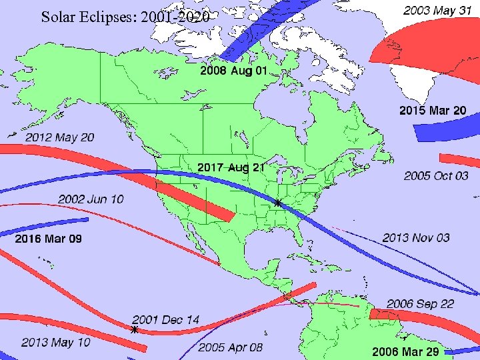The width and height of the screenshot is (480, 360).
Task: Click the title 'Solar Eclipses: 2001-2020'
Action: [125, 17]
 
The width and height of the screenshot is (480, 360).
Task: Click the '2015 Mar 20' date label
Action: [433, 110]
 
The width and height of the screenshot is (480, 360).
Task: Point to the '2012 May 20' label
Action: [60, 137]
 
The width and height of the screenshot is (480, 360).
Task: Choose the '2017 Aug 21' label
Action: [231, 167]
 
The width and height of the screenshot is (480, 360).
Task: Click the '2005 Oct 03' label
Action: [436, 175]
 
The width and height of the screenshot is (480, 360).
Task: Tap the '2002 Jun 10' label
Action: [91, 199]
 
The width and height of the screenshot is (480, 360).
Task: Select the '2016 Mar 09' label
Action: [49, 238]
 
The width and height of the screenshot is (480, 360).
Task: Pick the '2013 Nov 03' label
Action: [416, 237]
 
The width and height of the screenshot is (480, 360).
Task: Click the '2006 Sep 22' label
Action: [420, 303]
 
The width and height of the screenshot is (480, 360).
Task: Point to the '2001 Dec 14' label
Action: [165, 319]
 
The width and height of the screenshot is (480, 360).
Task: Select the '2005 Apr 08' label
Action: [230, 347]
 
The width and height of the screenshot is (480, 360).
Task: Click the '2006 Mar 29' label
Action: [406, 351]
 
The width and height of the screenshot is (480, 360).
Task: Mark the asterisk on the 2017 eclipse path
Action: [278, 202]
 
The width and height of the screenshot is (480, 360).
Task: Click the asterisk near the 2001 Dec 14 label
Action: [135, 329]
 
